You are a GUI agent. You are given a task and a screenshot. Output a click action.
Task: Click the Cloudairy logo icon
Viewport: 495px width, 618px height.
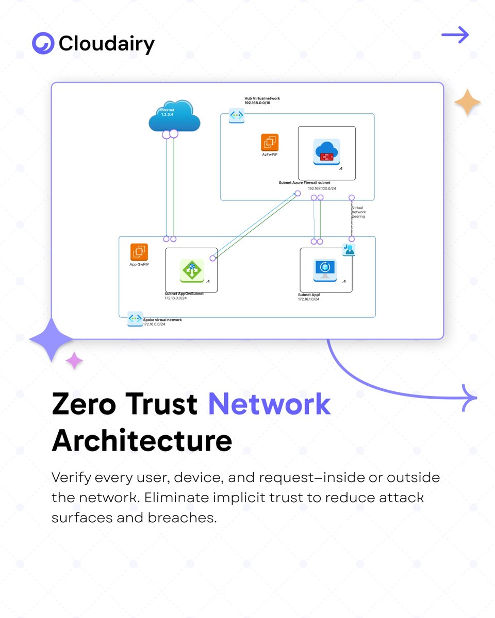(43, 43)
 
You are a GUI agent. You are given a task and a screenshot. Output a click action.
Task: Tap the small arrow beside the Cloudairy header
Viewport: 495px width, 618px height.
(455, 36)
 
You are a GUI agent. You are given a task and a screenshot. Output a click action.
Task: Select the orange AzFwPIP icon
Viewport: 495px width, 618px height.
(270, 143)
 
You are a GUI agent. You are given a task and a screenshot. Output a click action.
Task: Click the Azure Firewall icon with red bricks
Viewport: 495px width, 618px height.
(326, 150)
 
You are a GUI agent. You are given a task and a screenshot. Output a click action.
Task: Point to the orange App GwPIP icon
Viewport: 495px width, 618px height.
(139, 252)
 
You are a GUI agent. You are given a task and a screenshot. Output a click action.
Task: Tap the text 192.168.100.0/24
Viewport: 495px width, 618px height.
(322, 188)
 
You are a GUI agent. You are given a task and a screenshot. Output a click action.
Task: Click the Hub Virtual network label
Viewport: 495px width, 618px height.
(262, 100)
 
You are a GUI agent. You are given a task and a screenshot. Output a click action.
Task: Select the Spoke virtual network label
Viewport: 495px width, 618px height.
(162, 321)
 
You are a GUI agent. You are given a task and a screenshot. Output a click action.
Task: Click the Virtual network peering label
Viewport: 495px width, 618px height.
(358, 212)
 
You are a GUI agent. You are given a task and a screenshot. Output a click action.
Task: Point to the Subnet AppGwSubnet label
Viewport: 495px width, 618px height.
(184, 295)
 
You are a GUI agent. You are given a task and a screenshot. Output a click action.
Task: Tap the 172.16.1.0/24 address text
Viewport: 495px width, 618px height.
(308, 299)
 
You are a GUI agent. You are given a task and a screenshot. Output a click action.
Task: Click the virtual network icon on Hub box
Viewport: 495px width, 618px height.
(237, 115)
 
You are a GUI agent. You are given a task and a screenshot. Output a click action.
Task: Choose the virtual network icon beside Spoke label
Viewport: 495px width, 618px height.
(135, 319)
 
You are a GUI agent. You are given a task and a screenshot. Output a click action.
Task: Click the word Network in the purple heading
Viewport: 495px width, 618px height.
(269, 404)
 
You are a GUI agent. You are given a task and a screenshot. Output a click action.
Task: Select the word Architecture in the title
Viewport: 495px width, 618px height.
(142, 441)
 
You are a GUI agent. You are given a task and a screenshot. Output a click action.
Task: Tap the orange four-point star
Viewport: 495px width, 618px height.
(467, 102)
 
